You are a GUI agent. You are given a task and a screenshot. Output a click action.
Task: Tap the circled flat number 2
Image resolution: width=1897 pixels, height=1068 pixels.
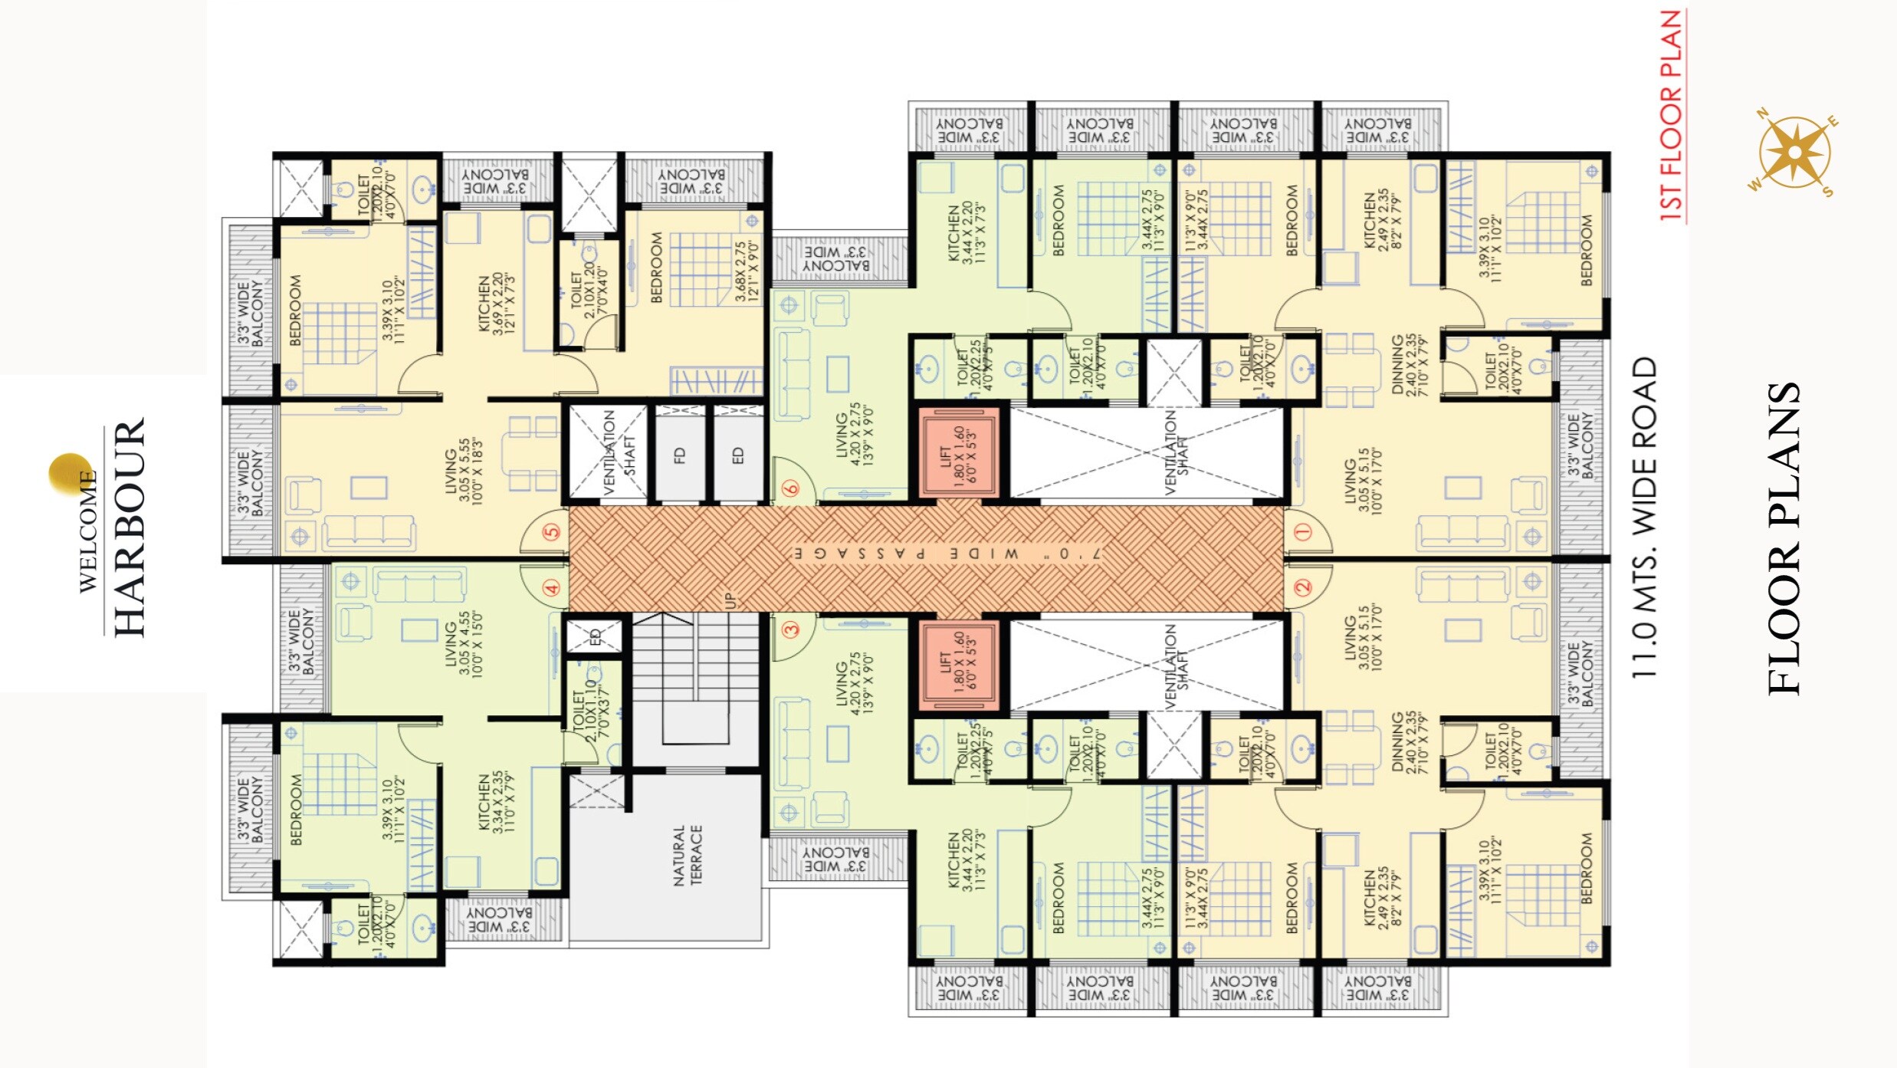tap(1303, 588)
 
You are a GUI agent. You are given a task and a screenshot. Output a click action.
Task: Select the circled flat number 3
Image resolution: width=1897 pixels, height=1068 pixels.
tap(791, 629)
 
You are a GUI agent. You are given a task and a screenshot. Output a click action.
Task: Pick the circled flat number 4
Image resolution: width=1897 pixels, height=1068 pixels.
tap(552, 588)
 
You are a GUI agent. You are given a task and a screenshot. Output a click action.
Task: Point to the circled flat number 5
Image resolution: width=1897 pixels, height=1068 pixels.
tap(552, 532)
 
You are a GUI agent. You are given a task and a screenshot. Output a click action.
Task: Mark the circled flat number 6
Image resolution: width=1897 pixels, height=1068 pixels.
tap(791, 488)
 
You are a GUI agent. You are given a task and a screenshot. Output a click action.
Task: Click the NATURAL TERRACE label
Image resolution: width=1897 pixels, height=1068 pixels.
tap(687, 855)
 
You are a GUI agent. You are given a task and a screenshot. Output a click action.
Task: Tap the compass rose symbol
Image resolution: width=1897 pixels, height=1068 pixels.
tap(1794, 153)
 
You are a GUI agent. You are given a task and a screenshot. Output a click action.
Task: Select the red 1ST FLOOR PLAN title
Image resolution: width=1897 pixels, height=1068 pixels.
tap(1671, 115)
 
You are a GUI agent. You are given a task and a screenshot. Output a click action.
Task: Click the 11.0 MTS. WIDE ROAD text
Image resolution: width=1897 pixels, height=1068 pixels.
tap(1644, 518)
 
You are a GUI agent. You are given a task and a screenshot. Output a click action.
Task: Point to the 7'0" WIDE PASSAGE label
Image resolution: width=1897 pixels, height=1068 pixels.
tap(947, 554)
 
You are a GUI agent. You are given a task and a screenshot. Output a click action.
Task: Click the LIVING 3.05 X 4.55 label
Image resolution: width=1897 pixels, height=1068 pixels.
tap(464, 644)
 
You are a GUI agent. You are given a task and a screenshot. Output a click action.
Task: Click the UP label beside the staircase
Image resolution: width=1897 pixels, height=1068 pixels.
tap(730, 600)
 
